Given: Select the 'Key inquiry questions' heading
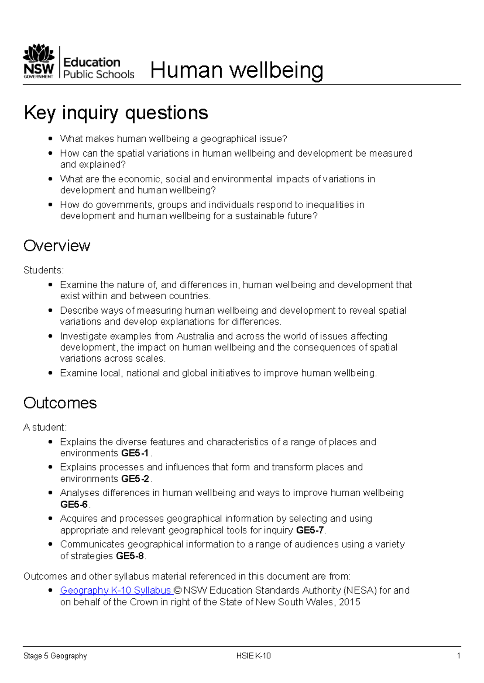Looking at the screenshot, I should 116,113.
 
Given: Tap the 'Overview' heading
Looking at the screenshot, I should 57,246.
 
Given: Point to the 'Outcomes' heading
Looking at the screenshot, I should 60,403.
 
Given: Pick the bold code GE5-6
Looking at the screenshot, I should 74,505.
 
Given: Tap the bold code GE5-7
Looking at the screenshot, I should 310,530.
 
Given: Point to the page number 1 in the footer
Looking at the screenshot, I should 459,656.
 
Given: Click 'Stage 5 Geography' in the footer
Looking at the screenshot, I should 55,656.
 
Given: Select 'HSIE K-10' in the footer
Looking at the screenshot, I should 253,656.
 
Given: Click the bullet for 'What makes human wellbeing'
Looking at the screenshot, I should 50,139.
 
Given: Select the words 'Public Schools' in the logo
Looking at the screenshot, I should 99,75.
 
